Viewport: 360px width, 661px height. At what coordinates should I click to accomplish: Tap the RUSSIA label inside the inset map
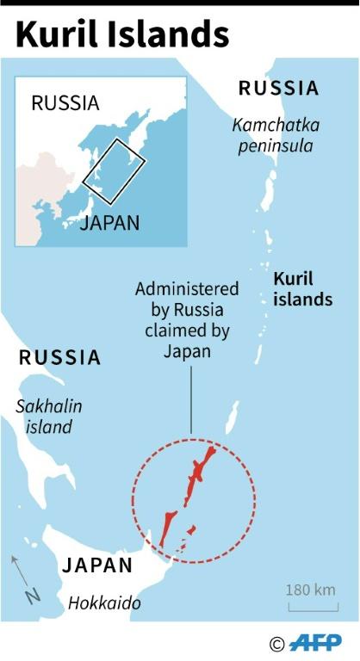click(x=65, y=103)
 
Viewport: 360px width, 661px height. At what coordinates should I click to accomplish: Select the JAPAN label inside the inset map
click(x=110, y=223)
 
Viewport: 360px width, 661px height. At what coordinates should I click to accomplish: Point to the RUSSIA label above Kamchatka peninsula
click(x=278, y=88)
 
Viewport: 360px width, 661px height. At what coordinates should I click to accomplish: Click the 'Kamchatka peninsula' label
click(x=276, y=135)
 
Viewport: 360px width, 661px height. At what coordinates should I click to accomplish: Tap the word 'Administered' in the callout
click(x=187, y=289)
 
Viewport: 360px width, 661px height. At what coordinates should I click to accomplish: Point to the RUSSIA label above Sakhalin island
click(x=60, y=357)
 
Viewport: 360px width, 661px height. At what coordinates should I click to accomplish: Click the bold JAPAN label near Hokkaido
click(x=97, y=565)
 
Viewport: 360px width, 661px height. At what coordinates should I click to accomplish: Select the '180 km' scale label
click(x=310, y=590)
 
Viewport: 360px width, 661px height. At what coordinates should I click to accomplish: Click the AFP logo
click(x=315, y=642)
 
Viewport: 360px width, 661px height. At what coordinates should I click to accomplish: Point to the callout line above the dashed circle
click(x=191, y=395)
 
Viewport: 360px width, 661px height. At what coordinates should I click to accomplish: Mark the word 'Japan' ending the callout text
click(x=186, y=351)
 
